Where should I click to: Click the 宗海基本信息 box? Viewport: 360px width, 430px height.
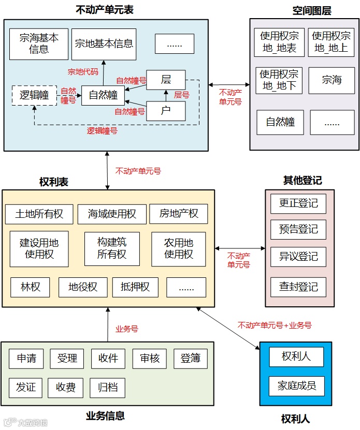click(39, 44)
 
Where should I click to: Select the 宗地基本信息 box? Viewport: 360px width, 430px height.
click(104, 44)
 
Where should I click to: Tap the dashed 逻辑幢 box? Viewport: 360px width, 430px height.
click(34, 95)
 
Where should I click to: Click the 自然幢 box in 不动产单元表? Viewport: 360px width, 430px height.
click(103, 95)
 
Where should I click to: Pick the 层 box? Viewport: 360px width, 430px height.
click(166, 80)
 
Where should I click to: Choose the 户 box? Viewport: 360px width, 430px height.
click(166, 111)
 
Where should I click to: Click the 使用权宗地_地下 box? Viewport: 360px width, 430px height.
click(279, 80)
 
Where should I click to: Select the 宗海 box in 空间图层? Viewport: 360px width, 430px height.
click(332, 80)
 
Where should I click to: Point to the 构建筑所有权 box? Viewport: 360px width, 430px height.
click(112, 248)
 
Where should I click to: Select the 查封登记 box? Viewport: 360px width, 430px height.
click(298, 287)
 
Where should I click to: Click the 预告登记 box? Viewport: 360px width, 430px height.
click(298, 229)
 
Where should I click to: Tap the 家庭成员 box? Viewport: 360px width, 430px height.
click(296, 386)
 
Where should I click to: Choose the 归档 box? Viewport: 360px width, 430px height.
click(108, 388)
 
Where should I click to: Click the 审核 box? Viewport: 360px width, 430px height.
click(150, 359)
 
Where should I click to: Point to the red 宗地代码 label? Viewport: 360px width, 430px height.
click(83, 71)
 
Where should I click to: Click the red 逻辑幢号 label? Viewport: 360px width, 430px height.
click(102, 131)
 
